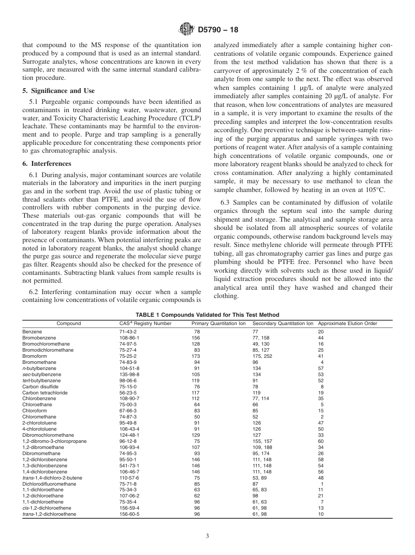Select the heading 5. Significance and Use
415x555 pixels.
[58, 91]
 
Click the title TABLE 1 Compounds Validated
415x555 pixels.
[207, 315]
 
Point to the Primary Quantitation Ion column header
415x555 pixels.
[218, 324]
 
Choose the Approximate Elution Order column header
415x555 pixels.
[347, 324]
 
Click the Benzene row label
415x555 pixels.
[32, 332]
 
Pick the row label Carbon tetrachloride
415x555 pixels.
[45, 393]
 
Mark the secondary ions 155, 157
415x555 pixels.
[261, 442]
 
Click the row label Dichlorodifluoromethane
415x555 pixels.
[49, 484]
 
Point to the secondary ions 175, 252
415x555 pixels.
[261, 356]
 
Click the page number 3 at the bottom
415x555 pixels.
[207, 536]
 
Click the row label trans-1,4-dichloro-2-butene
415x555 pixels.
[52, 478]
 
